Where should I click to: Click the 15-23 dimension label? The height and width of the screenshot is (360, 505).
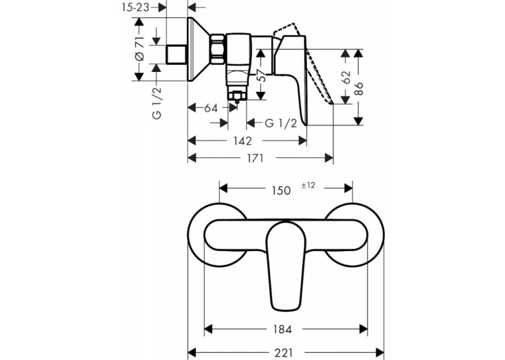click(135, 7)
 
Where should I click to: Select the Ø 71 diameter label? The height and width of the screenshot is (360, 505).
click(140, 49)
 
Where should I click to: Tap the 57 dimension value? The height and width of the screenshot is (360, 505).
click(263, 76)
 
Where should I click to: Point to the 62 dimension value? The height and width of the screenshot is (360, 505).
click(346, 77)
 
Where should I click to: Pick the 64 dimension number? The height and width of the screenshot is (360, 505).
click(211, 108)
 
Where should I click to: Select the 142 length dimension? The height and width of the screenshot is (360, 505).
click(242, 141)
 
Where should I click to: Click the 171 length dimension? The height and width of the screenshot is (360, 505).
click(255, 158)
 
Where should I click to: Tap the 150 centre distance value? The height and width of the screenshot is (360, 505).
click(281, 190)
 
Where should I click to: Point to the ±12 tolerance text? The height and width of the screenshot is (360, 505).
click(308, 186)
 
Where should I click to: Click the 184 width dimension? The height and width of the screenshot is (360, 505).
click(282, 329)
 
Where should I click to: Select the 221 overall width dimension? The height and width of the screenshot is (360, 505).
click(284, 353)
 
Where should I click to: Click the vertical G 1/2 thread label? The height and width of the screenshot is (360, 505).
click(156, 103)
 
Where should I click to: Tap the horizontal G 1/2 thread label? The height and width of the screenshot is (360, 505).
click(281, 123)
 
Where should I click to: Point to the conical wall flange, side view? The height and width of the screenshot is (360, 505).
click(199, 49)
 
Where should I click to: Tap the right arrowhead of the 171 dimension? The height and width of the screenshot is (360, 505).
click(329, 158)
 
